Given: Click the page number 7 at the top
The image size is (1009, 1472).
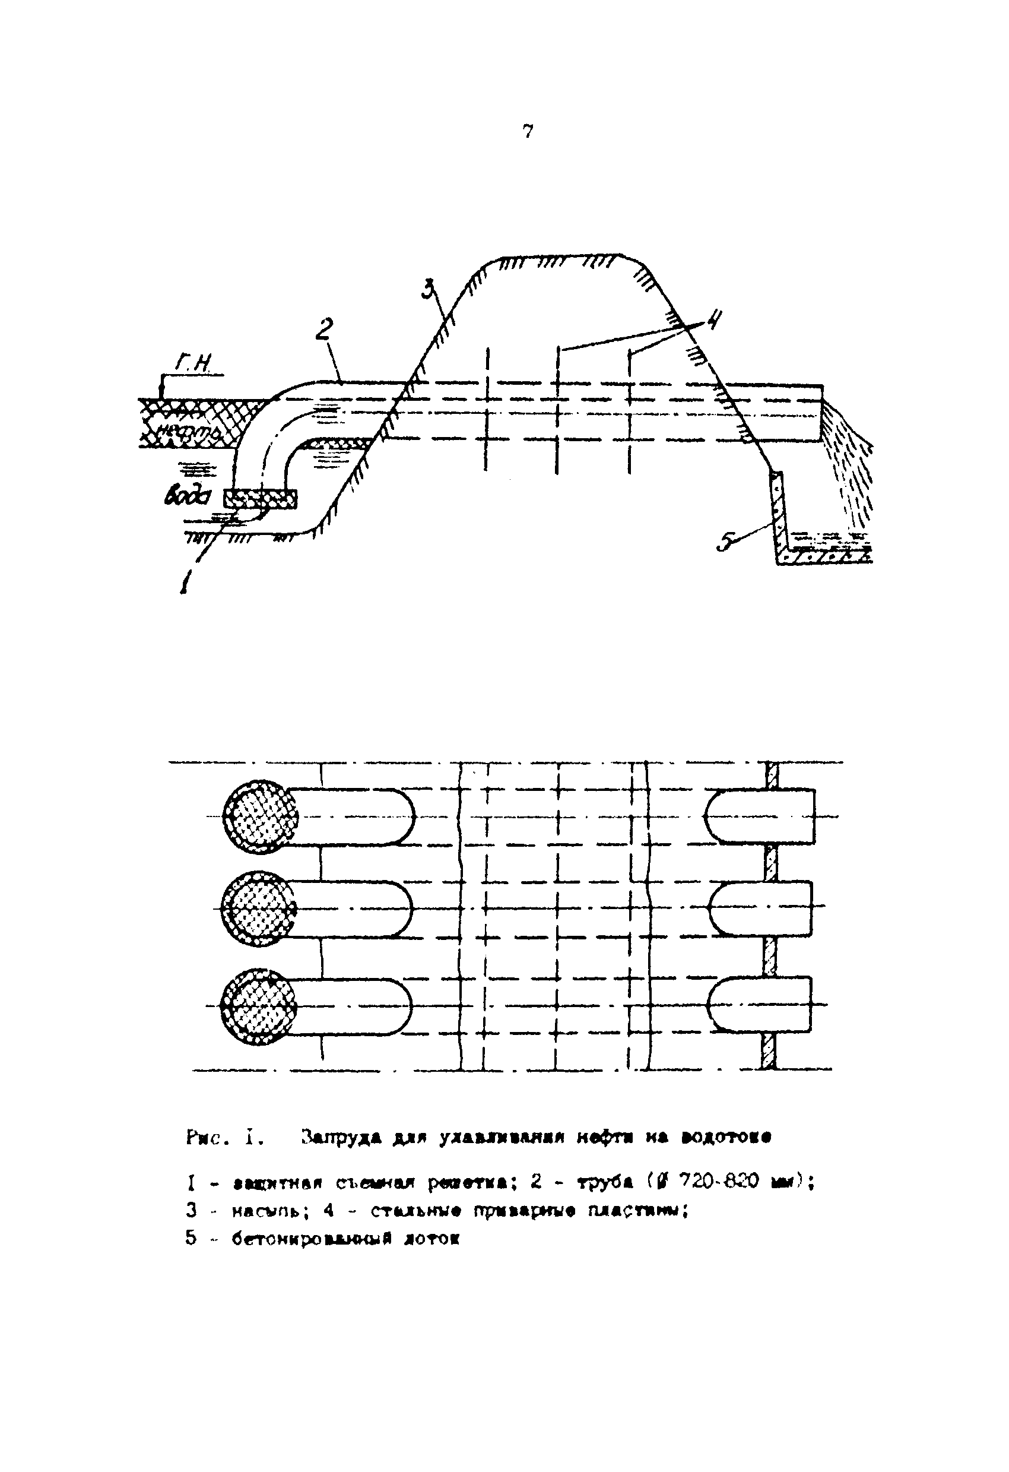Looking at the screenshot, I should tap(528, 131).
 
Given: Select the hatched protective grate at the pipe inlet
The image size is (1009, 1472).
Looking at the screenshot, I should tap(259, 498).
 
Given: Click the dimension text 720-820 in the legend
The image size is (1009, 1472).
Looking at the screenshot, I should tap(718, 1182).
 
